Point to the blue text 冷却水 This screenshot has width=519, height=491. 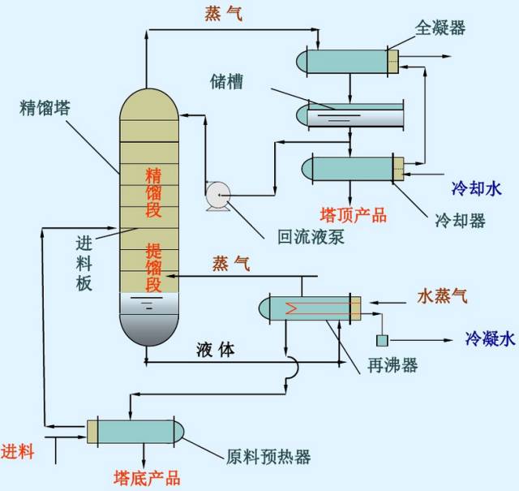pyautogui.click(x=476, y=190)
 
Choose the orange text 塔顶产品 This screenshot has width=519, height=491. pyautogui.click(x=354, y=215)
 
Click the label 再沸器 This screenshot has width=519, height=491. pyautogui.click(x=392, y=366)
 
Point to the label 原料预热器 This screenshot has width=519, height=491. pyautogui.click(x=268, y=456)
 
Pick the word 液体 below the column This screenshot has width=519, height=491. pyautogui.click(x=216, y=350)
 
